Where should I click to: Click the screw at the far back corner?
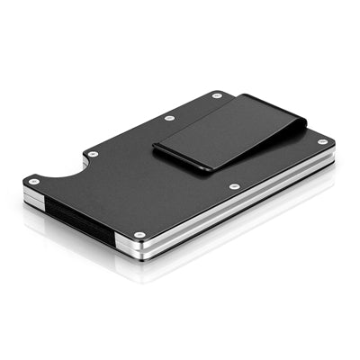click(217, 95)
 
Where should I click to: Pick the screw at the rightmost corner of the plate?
click(323, 141)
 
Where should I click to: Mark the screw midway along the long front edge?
click(234, 187)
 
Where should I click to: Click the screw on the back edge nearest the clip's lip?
click(169, 118)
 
